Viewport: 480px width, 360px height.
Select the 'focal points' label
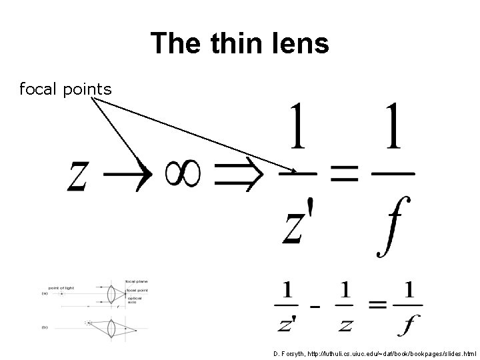point(65,89)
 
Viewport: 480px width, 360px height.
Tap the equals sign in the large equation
point(345,175)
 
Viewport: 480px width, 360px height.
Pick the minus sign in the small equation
point(313,307)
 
